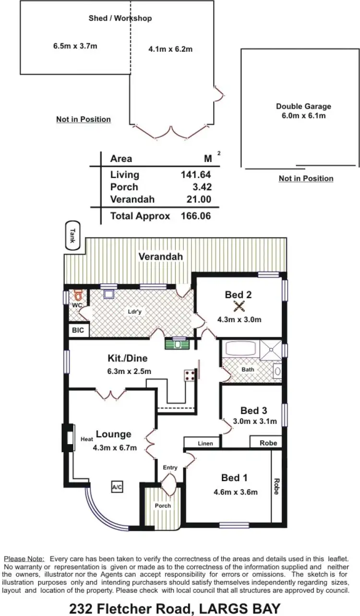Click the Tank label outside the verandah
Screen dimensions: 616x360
(73, 236)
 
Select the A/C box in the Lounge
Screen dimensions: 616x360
(117, 487)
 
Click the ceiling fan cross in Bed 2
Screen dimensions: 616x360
(239, 306)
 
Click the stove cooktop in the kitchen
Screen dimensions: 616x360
(190, 375)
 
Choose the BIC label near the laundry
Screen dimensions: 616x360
(78, 330)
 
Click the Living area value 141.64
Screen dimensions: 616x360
(195, 175)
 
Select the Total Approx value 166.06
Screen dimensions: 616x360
(195, 216)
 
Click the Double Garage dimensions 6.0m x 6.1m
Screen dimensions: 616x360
(303, 116)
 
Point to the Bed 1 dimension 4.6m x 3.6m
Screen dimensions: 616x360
(236, 492)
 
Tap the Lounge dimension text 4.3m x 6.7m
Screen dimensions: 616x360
(115, 448)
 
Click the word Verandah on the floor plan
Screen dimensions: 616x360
(161, 257)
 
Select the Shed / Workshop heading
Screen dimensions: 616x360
(120, 18)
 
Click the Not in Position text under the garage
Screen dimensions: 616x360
(306, 179)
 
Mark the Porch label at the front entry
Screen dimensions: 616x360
(162, 506)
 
